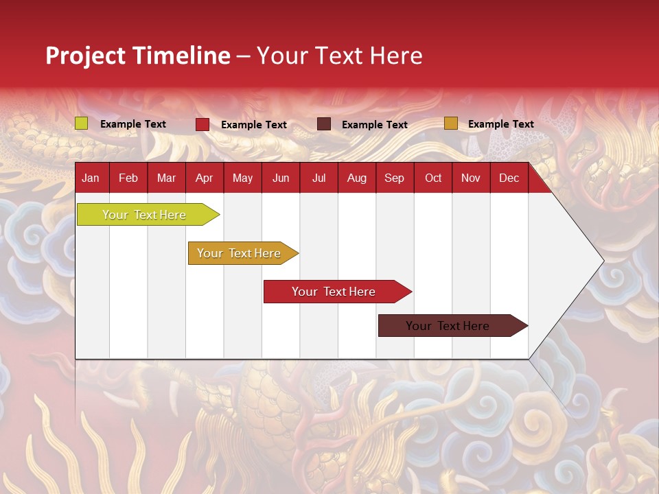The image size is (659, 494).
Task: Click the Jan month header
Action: pos(91,178)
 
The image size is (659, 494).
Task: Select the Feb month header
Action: pos(128,178)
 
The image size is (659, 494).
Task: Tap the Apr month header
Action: pos(204,178)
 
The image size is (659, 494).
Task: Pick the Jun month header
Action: pos(281,178)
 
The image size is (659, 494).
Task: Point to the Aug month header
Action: pos(356,178)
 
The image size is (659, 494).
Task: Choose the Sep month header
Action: pos(394,178)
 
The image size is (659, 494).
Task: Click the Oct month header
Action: pos(433,178)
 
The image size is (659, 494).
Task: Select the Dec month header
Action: pos(509,178)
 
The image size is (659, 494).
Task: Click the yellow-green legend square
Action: pos(82,123)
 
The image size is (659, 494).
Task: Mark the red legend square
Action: pos(203,124)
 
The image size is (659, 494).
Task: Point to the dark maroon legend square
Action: pos(324,124)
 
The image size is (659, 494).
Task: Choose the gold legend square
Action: pos(450,123)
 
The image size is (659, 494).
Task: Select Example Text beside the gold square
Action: pos(500,124)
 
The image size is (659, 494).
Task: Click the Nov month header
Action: pos(471,178)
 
